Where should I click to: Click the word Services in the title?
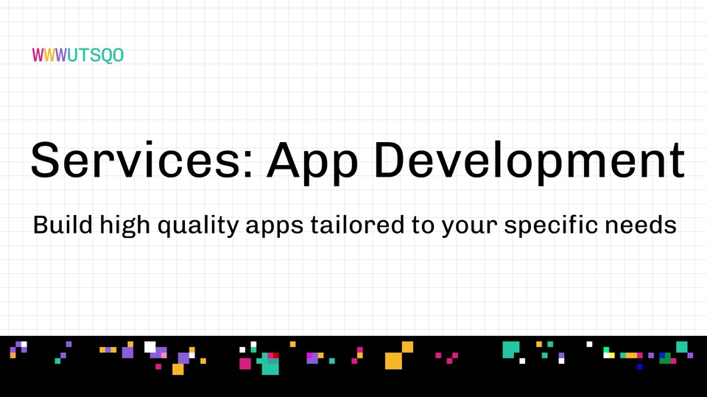pos(136,161)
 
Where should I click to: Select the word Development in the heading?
pos(530,162)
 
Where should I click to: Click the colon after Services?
pos(247,165)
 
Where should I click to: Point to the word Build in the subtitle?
pos(63,224)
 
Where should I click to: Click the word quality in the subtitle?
pos(198,225)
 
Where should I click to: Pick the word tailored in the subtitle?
pos(357,224)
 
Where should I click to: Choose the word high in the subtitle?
pos(125,225)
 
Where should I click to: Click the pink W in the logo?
pos(38,55)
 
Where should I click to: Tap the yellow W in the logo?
pos(49,55)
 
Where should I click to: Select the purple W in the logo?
pos(61,55)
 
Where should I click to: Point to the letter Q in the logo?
pos(106,56)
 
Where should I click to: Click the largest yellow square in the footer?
pos(393,361)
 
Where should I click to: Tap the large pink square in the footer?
pos(245,364)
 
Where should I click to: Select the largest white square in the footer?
pos(150,347)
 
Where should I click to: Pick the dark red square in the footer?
pos(276,356)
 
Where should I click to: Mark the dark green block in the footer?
pos(666,359)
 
